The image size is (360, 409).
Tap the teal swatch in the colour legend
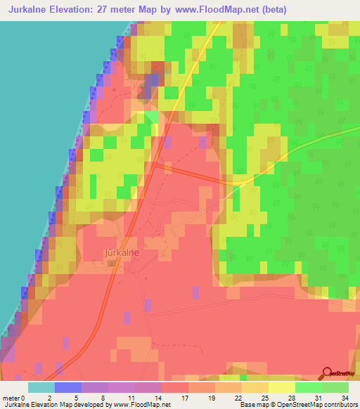[x=41, y=387]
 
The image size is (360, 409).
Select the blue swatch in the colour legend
[x=68, y=387]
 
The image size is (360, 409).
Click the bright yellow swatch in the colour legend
[x=281, y=387]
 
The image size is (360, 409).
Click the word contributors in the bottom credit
[x=337, y=405]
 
